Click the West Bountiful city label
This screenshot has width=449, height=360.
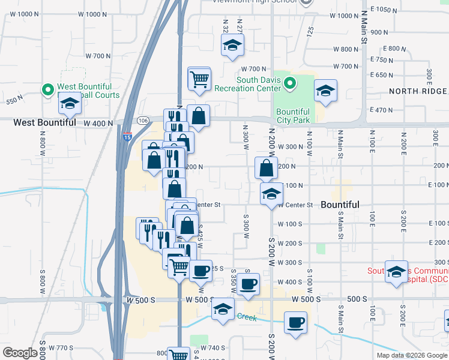tap(45, 122)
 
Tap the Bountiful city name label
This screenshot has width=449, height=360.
tap(340, 205)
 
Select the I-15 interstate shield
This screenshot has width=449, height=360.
tap(127, 136)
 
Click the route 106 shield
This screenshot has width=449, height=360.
tap(142, 121)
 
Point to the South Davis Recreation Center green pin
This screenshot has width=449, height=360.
tap(290, 83)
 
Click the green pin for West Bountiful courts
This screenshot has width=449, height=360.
tap(47, 90)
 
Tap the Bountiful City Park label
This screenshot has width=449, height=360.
tap(293, 116)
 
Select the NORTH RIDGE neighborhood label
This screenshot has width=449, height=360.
tap(418, 91)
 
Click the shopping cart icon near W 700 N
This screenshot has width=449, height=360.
tap(199, 78)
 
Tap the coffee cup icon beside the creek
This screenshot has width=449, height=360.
tap(294, 322)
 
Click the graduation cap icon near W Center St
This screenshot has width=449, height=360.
tap(271, 193)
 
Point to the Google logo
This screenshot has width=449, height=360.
tap(20, 353)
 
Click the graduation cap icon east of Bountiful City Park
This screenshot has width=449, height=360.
tap(325, 91)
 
